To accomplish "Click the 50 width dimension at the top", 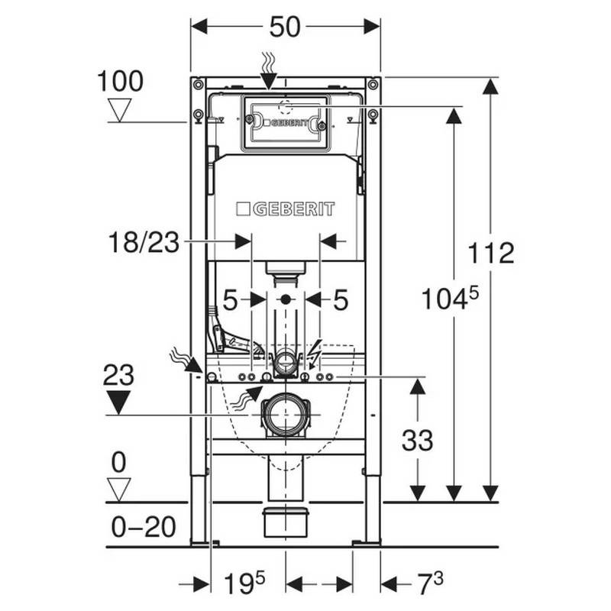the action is [285, 27].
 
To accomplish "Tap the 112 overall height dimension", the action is [491, 254].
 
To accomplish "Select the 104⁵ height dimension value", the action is [450, 298].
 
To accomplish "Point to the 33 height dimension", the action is [417, 441].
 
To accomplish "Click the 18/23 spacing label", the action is [144, 242].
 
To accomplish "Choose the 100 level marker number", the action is [120, 82].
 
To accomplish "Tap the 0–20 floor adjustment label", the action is [144, 527].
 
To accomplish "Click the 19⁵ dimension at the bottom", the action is [244, 584].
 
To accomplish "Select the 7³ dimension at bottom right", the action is [431, 584].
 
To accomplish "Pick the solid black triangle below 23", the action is [118, 402].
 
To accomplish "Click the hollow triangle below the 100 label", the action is [120, 110].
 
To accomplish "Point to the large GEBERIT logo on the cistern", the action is [286, 209].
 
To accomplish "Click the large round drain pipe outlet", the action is [286, 415].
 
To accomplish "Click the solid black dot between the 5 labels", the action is [286, 299].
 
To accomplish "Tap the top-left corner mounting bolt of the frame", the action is [199, 84].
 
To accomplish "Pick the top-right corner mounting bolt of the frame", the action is [373, 84].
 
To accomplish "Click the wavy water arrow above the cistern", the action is [269, 71].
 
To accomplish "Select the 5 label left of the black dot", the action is [230, 300].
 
